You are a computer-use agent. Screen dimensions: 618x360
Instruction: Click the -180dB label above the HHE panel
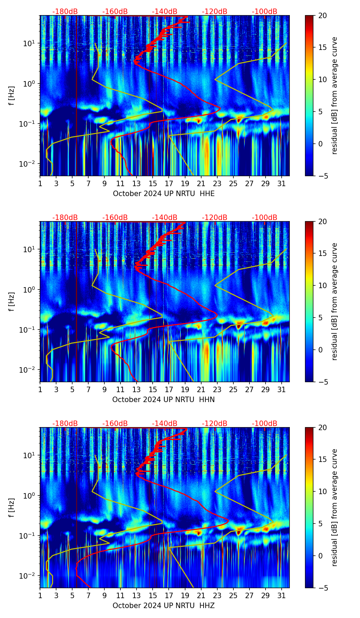click(x=65, y=12)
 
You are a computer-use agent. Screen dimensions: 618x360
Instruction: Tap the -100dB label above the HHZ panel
click(x=265, y=424)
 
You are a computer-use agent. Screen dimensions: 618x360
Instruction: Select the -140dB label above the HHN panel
click(x=165, y=218)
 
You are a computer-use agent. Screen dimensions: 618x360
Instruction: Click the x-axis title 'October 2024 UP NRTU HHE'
click(x=164, y=194)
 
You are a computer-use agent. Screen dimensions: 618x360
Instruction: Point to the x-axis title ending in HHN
click(x=164, y=400)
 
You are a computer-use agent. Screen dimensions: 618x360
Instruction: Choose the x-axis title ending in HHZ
click(x=164, y=606)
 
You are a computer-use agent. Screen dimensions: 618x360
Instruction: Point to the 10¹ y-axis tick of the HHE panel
click(x=28, y=43)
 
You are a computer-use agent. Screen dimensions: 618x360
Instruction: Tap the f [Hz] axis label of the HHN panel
click(x=12, y=301)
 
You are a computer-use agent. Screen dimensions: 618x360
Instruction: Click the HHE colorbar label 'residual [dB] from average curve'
click(x=334, y=95)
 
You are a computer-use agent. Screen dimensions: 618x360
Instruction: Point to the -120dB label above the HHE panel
click(x=215, y=12)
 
